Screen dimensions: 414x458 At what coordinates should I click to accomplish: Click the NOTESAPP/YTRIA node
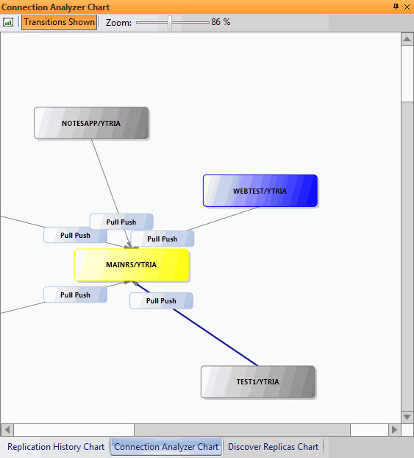tap(91, 123)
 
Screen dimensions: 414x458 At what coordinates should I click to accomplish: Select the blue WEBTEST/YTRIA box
tap(260, 191)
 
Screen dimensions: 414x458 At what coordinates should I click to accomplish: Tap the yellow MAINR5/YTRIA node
tap(132, 264)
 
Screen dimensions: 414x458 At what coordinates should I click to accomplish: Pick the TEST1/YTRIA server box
tap(258, 381)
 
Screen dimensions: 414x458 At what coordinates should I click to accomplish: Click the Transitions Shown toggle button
tap(60, 22)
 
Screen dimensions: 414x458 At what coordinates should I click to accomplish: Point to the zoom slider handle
tap(170, 22)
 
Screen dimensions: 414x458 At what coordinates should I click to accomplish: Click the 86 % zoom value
tap(221, 22)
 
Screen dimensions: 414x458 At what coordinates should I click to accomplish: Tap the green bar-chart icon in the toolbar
tap(8, 22)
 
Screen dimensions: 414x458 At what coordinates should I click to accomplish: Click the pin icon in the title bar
tap(396, 7)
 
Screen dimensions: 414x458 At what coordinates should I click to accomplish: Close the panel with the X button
tap(407, 7)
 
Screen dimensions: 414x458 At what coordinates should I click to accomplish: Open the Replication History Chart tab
tap(56, 447)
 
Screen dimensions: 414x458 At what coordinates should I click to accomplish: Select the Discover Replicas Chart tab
tap(273, 447)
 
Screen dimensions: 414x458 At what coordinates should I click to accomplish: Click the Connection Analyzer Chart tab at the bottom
tap(166, 447)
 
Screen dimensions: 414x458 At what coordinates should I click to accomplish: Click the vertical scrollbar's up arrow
tap(407, 39)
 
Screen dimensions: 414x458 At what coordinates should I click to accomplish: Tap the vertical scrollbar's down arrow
tap(407, 417)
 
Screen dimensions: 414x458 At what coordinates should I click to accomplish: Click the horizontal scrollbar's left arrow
tap(7, 430)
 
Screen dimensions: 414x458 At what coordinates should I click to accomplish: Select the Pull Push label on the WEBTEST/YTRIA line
tap(163, 239)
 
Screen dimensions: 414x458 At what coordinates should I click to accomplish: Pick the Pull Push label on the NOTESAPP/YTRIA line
tap(121, 222)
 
